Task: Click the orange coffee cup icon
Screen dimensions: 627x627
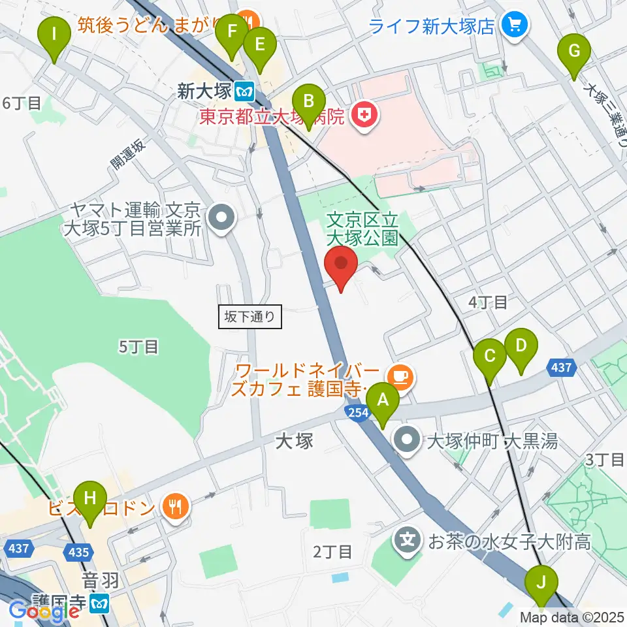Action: point(398,376)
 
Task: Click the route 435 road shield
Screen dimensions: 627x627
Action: point(79,552)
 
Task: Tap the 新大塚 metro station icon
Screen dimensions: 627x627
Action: point(246,89)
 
